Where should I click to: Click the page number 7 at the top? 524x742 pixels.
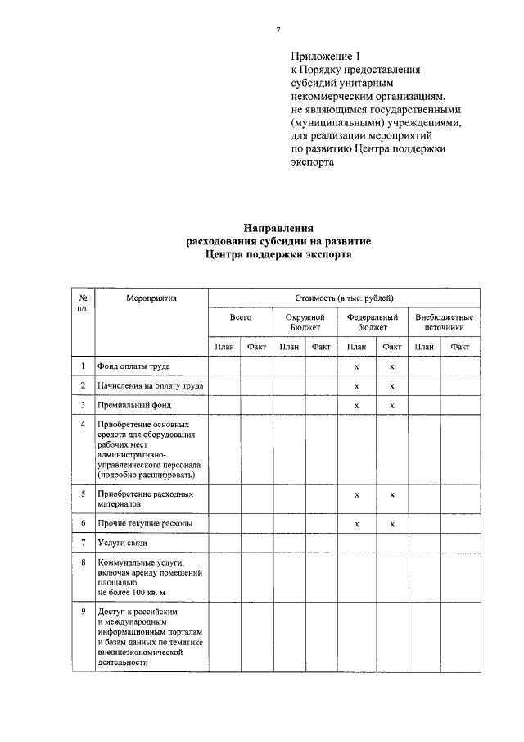coord(278,30)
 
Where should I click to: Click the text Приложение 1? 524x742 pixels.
coord(325,57)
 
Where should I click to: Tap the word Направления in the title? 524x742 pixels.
coord(279,229)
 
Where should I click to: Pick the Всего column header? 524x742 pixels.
coord(240,316)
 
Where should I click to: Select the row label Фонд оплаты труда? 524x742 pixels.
coord(135,366)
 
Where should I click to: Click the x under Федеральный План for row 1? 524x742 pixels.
coord(356,366)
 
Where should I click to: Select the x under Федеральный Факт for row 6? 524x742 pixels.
coord(392,523)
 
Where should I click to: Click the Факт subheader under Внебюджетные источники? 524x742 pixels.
coord(460,347)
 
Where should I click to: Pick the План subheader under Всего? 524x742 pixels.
coord(224,347)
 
